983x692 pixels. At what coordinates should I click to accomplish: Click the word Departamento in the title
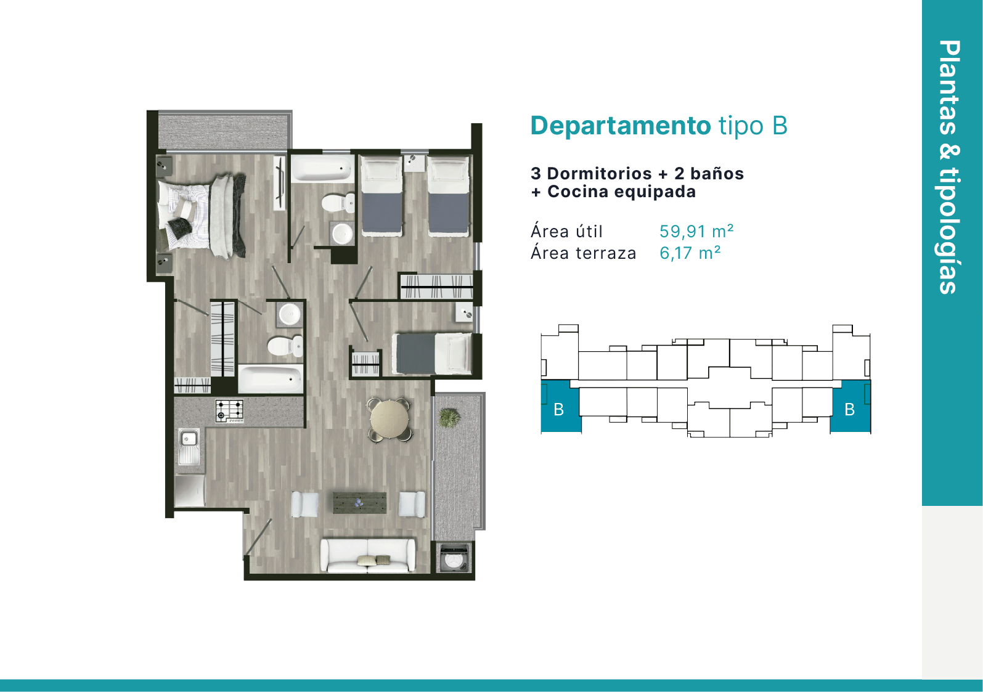coord(620,126)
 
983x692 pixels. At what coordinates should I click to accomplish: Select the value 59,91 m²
coord(696,231)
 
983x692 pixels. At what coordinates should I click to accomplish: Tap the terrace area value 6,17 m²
coord(690,253)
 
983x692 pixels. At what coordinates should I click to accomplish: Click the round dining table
coord(390,419)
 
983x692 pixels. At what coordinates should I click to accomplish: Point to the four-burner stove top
coord(229,411)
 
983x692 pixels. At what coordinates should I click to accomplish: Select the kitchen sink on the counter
coord(189,447)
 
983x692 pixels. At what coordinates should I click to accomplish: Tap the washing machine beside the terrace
coord(455,558)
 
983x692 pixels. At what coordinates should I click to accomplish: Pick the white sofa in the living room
coord(368,556)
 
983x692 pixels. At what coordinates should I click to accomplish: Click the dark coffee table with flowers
coord(360,503)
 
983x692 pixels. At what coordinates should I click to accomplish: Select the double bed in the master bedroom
coord(201,216)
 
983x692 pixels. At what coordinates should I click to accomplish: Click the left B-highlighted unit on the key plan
coord(561,406)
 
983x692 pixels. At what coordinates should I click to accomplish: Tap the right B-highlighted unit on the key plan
coord(850,406)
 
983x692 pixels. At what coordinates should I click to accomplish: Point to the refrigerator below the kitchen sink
coord(190,491)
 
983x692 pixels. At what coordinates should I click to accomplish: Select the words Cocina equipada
coord(621,192)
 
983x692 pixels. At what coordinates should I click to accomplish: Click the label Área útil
coord(566,231)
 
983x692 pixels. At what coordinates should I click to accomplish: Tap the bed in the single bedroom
coord(432,354)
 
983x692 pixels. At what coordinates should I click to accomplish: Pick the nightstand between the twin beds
coord(414,162)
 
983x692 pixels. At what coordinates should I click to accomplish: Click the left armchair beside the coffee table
coord(304,504)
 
